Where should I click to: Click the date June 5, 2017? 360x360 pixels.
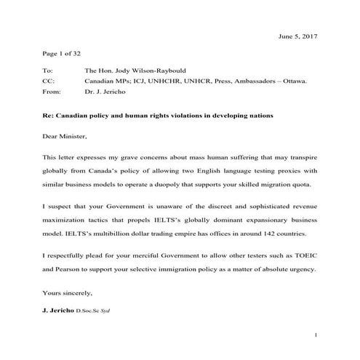tap(298, 36)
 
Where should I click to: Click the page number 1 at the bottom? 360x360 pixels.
tap(317, 335)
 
